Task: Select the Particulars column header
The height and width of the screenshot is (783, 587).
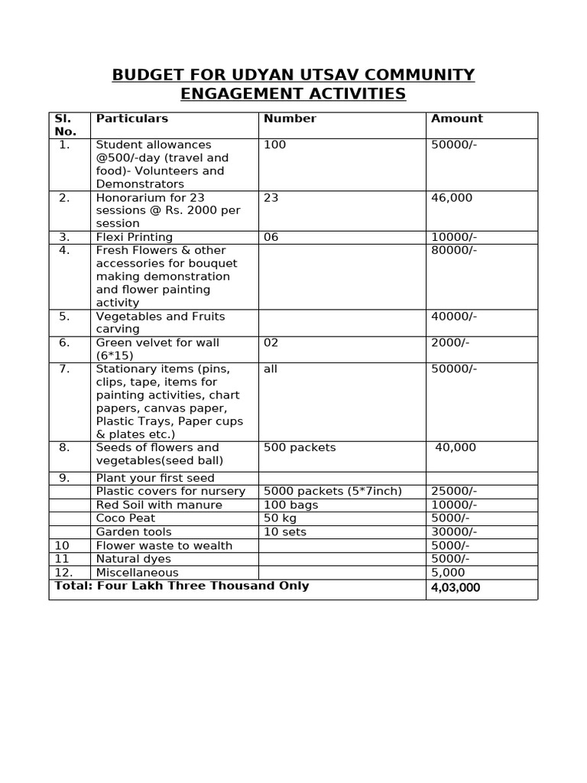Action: (x=131, y=119)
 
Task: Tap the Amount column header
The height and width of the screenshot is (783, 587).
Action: (x=457, y=119)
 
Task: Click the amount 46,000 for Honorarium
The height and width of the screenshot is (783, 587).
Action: (x=452, y=197)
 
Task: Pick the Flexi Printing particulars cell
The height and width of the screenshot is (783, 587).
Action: (x=135, y=237)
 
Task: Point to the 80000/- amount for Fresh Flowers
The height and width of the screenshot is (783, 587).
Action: (x=454, y=250)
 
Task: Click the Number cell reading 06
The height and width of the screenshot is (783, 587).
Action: (x=271, y=237)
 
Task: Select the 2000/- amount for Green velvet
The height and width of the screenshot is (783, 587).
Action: (x=450, y=343)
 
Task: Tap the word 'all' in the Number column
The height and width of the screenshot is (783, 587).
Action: (x=271, y=369)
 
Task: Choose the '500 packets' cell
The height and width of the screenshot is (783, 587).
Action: (x=300, y=447)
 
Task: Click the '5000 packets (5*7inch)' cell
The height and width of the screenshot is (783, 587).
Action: (x=332, y=491)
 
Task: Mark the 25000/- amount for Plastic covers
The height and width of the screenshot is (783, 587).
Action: (x=454, y=491)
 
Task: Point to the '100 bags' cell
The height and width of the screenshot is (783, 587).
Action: (x=291, y=505)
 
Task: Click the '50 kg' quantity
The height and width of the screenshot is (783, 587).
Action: (x=280, y=518)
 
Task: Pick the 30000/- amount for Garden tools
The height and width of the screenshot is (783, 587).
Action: (x=454, y=531)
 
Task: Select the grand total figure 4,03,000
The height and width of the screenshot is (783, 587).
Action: (x=456, y=588)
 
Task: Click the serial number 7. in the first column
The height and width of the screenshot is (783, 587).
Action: (x=64, y=369)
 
